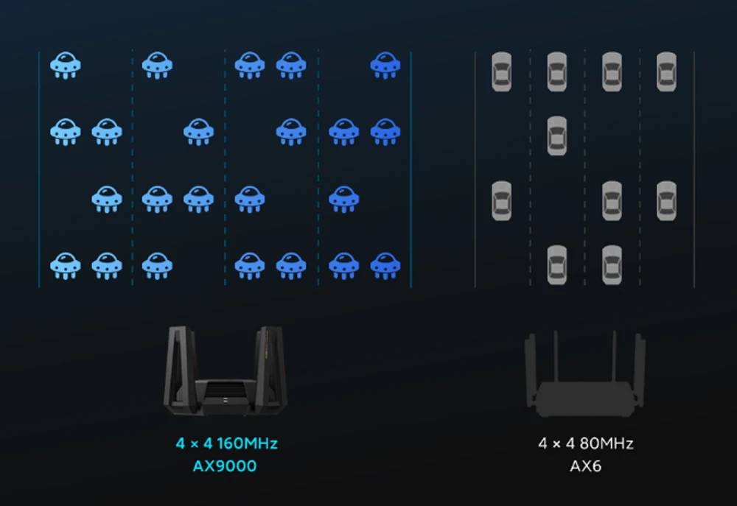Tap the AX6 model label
pos(585,466)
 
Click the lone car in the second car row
pos(556,136)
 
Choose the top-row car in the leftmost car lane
pos(501,71)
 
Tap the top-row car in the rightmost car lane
pos(666,71)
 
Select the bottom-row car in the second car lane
pos(556,265)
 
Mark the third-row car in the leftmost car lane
pos(501,200)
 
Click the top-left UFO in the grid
pos(65,66)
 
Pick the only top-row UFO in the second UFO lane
pos(157,66)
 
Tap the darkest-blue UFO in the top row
pos(385,66)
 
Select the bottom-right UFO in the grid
pos(385,266)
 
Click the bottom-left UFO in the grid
pos(65,266)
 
